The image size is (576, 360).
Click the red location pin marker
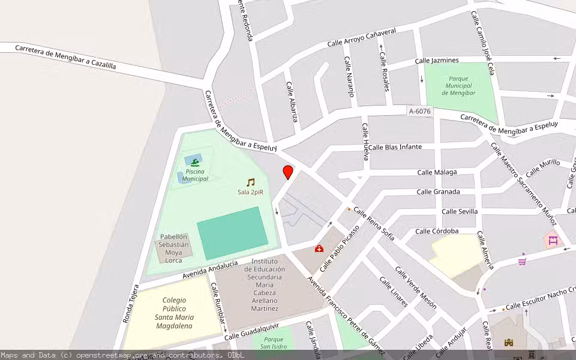click(x=288, y=172)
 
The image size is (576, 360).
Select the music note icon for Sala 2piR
click(x=250, y=182)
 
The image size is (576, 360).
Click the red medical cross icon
click(x=319, y=248)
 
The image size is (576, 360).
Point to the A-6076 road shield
click(x=419, y=111)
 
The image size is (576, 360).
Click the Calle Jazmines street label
click(x=437, y=61)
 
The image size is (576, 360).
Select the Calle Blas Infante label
click(x=395, y=147)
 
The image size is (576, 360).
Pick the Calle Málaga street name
click(x=437, y=172)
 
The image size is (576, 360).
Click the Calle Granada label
click(x=438, y=192)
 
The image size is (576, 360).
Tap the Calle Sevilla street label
click(x=460, y=212)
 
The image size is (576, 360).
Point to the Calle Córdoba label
click(x=437, y=231)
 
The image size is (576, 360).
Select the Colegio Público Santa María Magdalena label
click(x=173, y=313)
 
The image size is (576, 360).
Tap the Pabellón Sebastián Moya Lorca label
click(x=173, y=248)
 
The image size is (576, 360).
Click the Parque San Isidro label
click(x=272, y=343)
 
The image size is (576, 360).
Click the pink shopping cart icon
click(x=522, y=262)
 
